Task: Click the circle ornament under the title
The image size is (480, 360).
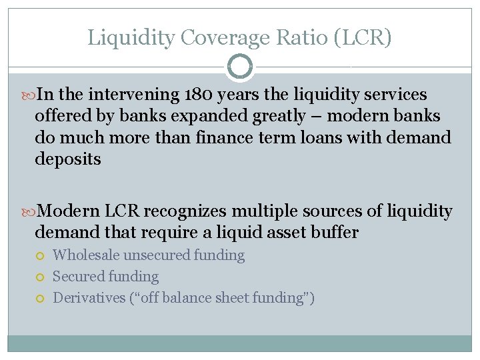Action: (239, 67)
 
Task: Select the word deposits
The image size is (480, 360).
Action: (68, 159)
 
